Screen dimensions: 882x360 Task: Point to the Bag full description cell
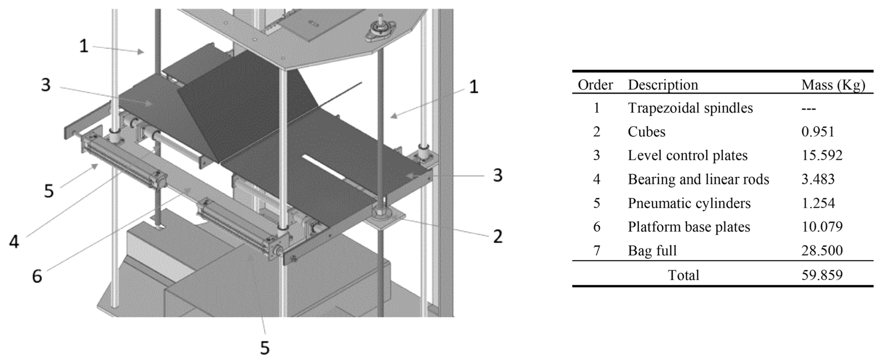(652, 251)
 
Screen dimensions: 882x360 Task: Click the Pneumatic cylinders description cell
(689, 203)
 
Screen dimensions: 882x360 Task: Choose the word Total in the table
(683, 275)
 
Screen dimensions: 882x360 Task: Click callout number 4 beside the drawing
(14, 242)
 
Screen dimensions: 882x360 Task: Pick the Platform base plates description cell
(689, 227)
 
